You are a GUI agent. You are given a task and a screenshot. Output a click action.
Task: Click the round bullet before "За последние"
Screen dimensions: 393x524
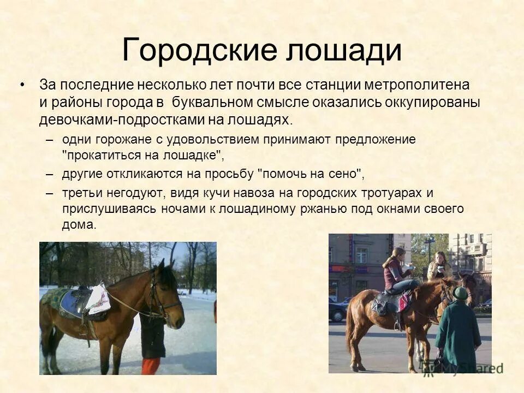tap(22, 86)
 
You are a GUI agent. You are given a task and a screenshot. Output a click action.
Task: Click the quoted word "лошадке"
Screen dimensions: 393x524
tap(193, 154)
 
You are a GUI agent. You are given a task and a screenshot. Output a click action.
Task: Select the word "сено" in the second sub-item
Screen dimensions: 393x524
tap(345, 174)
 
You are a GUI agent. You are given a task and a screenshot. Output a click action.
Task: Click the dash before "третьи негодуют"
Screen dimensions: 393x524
tap(50, 193)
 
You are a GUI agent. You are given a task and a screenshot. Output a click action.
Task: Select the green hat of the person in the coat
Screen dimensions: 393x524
tap(461, 293)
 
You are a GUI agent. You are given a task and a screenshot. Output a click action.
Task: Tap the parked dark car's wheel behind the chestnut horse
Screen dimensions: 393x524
tap(338, 316)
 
